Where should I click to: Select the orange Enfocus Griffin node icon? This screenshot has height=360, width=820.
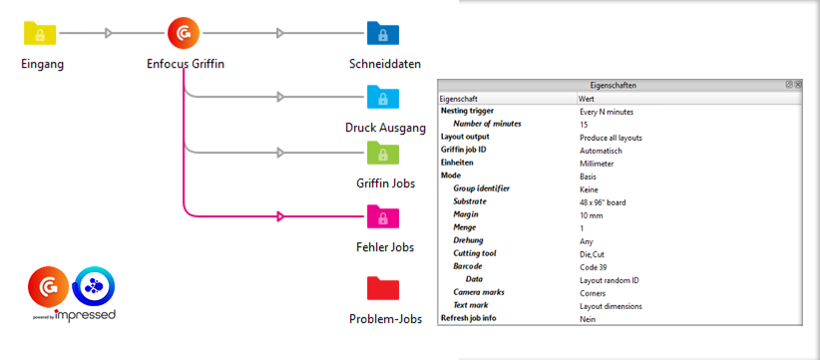[x=184, y=34]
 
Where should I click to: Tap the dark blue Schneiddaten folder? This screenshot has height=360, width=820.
[x=383, y=34]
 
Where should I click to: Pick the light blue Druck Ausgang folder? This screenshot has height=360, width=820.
[x=383, y=97]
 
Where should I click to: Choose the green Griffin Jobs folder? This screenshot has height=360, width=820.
[x=383, y=153]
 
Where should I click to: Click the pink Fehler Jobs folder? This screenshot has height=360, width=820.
[x=383, y=215]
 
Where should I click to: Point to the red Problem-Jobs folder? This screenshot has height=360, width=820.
[x=383, y=288]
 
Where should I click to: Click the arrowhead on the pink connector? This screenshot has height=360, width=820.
[x=281, y=215]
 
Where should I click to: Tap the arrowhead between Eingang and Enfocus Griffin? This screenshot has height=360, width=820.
[x=109, y=34]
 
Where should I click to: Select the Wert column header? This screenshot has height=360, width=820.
[x=588, y=100]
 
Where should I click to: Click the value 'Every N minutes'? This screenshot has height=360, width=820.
[x=606, y=112]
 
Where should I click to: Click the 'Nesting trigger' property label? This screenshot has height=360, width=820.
[x=467, y=112]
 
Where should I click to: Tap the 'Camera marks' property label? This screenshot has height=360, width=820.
[x=480, y=293]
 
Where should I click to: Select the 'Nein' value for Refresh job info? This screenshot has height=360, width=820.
[x=589, y=318]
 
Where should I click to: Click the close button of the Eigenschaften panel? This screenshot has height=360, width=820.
[x=798, y=86]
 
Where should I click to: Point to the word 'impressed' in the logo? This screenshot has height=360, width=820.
[x=86, y=314]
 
